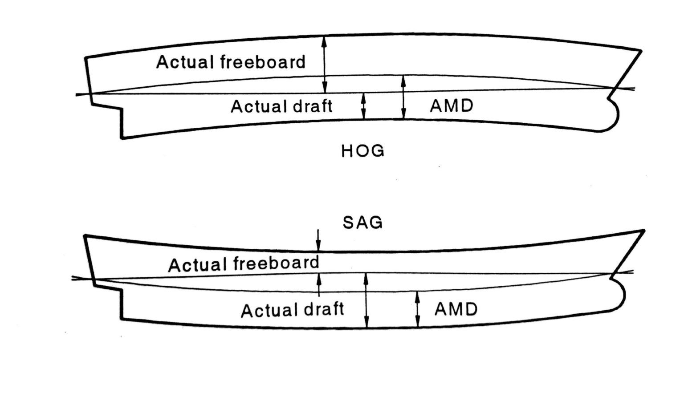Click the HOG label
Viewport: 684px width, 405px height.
click(x=362, y=151)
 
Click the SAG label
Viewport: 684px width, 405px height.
click(x=362, y=222)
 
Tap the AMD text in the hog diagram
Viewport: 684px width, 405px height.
click(x=451, y=106)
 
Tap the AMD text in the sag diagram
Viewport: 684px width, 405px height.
click(x=456, y=308)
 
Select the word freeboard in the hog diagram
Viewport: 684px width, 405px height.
click(x=263, y=62)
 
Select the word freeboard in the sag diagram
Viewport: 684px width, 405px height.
click(x=275, y=263)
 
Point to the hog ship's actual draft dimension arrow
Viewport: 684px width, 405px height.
click(x=364, y=106)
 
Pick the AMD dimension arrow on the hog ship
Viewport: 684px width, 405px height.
click(x=403, y=97)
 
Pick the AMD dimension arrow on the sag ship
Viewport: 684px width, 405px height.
click(x=418, y=310)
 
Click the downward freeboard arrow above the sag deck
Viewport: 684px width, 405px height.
click(x=318, y=240)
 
